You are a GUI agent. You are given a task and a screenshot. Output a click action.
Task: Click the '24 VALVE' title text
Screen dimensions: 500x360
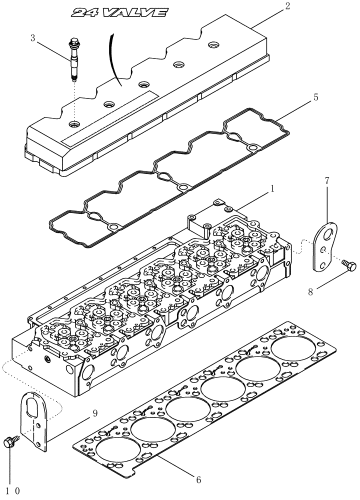click(x=118, y=13)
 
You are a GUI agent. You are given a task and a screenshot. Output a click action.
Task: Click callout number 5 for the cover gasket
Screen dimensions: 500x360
click(x=301, y=98)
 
